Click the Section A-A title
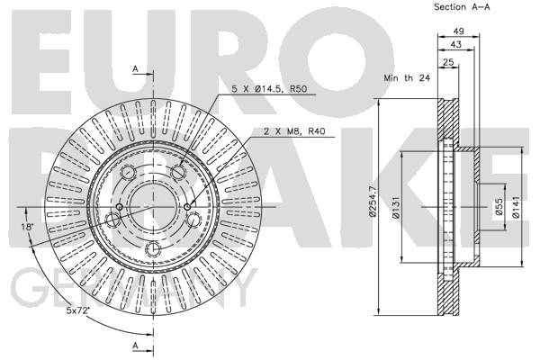[x=462, y=7]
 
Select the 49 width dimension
[x=458, y=31]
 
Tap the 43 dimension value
[x=456, y=44]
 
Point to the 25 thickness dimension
[x=448, y=62]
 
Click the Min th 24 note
[x=407, y=78]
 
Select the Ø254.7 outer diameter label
[x=373, y=202]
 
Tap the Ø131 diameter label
[x=396, y=207]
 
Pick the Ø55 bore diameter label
[x=499, y=207]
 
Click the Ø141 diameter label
[x=516, y=207]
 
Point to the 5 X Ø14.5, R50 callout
[x=269, y=89]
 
